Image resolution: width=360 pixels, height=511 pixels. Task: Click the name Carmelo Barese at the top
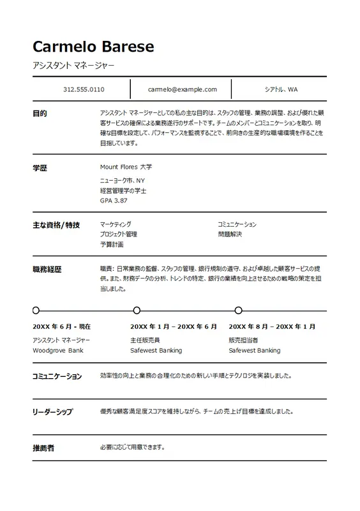[x=93, y=47]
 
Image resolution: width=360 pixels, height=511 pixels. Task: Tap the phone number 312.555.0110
[x=84, y=89]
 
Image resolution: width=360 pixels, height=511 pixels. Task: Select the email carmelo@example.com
[x=182, y=89]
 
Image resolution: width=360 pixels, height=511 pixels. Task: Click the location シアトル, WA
[x=281, y=89]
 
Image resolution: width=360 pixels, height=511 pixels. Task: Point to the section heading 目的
[x=40, y=114]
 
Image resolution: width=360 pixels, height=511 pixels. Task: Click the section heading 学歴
[x=40, y=168]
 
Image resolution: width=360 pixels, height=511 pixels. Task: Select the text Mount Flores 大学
[x=126, y=167]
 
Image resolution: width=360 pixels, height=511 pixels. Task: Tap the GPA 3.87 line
[x=114, y=200]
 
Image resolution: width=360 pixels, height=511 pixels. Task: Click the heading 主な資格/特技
[x=56, y=225]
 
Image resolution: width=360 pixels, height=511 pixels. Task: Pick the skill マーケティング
[x=116, y=225]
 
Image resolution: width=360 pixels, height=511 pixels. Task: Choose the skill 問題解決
[x=230, y=234]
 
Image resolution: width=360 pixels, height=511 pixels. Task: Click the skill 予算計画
[x=112, y=245]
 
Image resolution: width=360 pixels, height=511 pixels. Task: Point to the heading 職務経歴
[x=47, y=270]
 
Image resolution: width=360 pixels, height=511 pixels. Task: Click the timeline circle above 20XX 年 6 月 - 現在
[x=36, y=310]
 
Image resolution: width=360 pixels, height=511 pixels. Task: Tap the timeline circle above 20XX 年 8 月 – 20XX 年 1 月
[x=239, y=310]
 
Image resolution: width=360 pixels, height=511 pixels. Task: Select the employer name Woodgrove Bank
[x=57, y=351]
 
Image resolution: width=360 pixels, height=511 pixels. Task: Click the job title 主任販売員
[x=145, y=340]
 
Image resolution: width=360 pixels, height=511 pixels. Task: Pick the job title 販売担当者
[x=243, y=340]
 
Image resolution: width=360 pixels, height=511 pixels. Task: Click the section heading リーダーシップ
[x=52, y=412]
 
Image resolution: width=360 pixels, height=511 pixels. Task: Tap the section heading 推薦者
[x=43, y=448]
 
